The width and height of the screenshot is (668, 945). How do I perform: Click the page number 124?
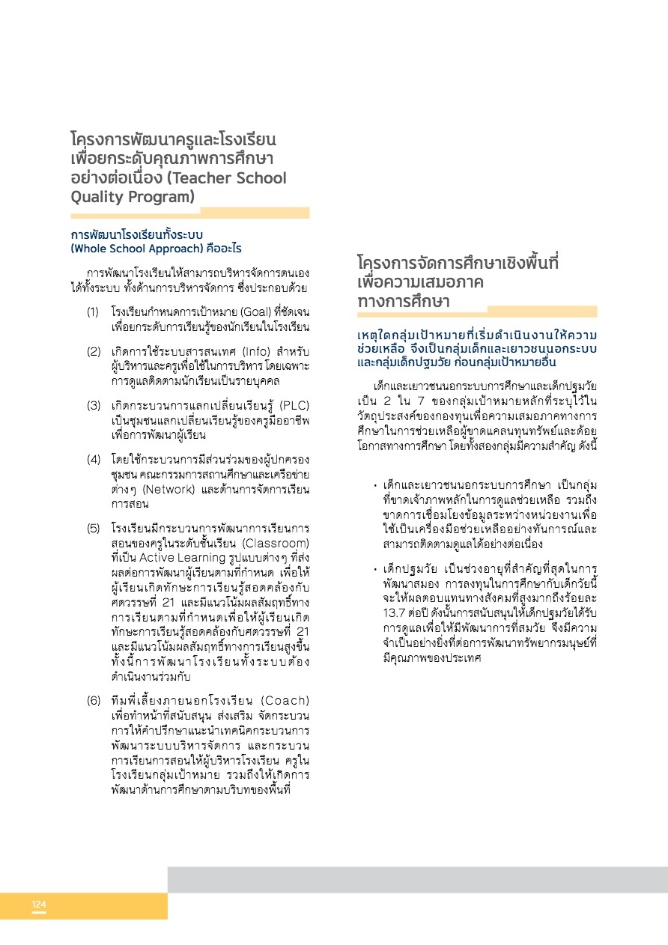(39, 905)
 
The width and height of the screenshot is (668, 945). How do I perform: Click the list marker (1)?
(94, 310)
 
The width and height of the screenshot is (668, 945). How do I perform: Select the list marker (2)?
(94, 351)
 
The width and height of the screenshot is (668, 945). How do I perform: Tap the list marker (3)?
(94, 406)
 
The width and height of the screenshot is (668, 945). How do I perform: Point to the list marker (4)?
(94, 458)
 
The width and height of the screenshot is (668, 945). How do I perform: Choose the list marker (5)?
(94, 528)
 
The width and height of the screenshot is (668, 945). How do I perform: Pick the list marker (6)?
(94, 701)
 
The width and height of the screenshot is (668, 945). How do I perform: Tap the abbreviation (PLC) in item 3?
(294, 406)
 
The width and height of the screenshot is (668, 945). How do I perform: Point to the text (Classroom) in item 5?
(276, 542)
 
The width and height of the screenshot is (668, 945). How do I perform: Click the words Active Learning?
(174, 557)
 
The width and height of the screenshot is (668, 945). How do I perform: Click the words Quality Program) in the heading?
(132, 198)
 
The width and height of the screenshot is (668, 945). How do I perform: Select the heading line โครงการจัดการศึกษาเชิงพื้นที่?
(458, 264)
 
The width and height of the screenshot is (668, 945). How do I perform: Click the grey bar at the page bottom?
(417, 880)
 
